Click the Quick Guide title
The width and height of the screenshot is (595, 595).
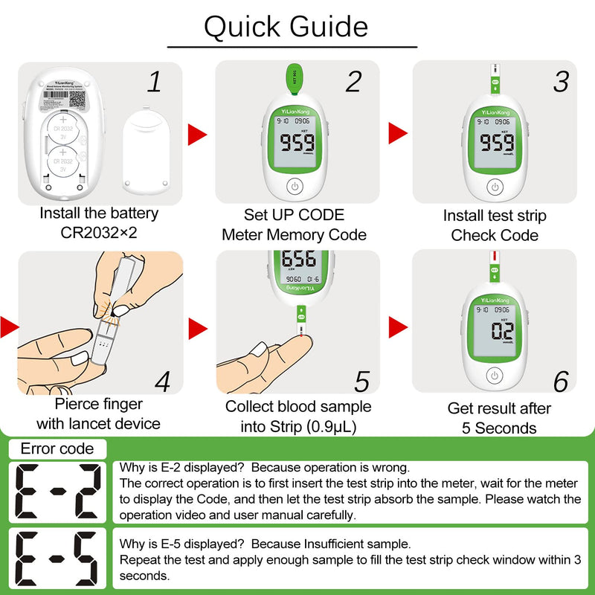coord(286,27)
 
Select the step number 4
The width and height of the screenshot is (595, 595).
coord(162,381)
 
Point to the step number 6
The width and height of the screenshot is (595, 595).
coord(561,381)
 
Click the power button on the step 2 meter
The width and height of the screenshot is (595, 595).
coord(295,187)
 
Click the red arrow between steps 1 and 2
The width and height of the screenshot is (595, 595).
coord(197,135)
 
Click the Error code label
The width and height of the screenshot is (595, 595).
coord(57,448)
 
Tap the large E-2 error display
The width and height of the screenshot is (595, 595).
coord(57,492)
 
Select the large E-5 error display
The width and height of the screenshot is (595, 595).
coord(57,558)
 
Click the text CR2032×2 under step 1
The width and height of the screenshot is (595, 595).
coord(99,233)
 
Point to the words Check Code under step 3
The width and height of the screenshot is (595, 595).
coord(495,235)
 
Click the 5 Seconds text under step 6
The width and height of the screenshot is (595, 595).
coord(499,428)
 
